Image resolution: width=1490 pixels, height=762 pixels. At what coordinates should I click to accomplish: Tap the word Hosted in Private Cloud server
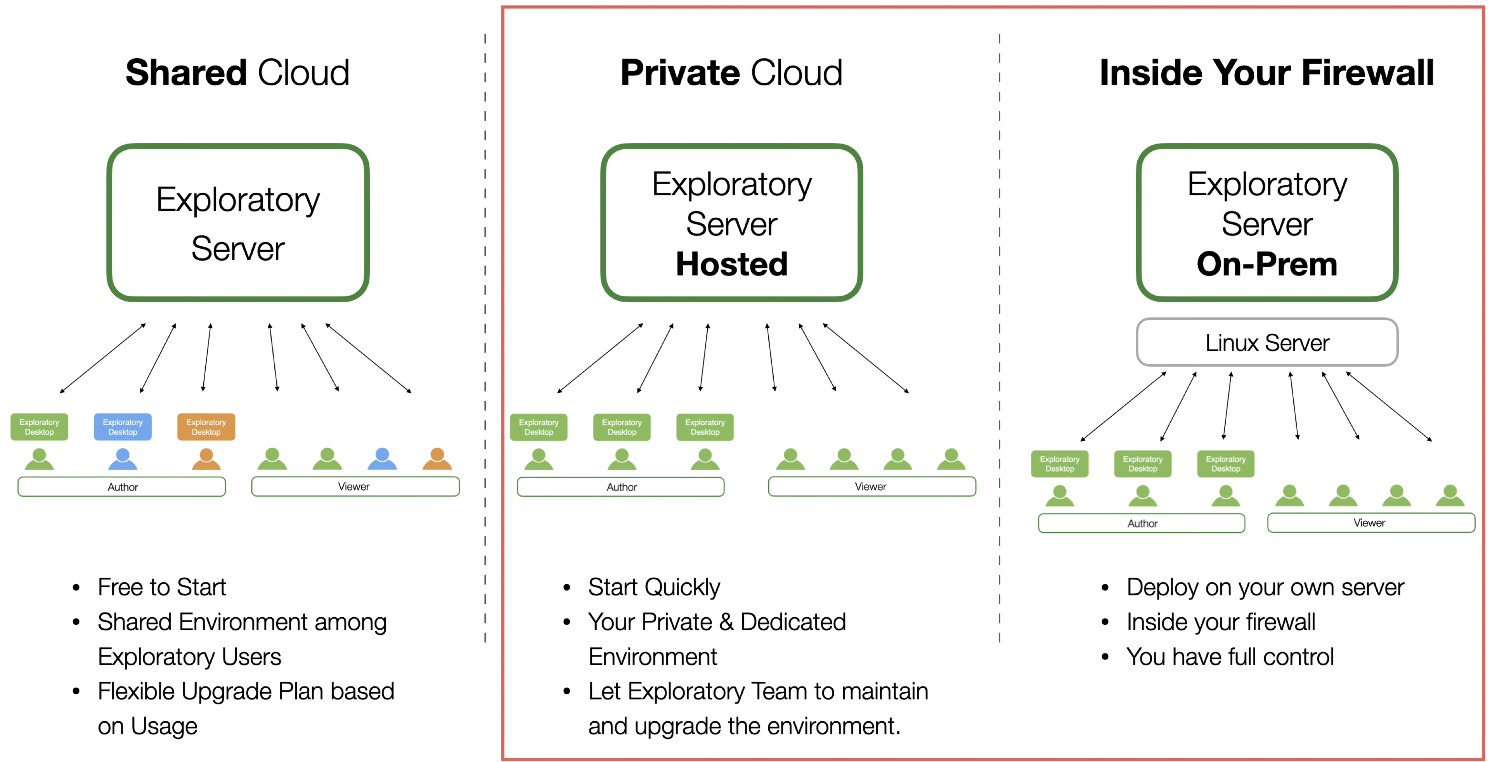pos(732,264)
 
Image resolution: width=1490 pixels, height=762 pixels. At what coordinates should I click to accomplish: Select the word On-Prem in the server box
pos(1267,264)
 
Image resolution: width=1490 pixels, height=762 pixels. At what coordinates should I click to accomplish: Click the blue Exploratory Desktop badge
pos(123,427)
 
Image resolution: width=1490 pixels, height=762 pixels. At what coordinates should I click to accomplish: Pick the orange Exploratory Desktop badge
pos(206,427)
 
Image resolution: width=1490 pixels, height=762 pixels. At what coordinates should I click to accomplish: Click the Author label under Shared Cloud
pos(122,487)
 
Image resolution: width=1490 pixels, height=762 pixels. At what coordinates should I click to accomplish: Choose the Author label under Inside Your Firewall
pos(1142,523)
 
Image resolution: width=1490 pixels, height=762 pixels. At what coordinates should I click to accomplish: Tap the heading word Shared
pos(186,73)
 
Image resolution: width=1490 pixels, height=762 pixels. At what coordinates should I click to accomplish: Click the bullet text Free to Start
pos(161,587)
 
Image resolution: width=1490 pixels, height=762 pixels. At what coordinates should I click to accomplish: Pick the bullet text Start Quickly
pos(653,587)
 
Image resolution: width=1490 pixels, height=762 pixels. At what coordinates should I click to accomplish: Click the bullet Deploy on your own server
pos(1265,587)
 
